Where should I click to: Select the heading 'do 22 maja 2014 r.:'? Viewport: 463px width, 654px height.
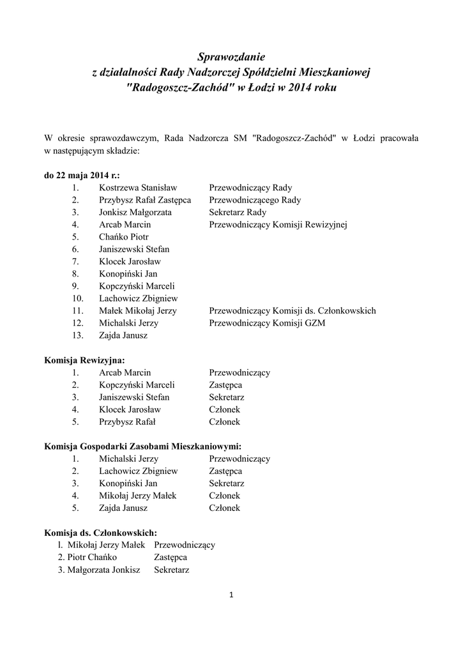coord(82,175)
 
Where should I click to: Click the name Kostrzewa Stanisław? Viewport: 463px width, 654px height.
coord(138,188)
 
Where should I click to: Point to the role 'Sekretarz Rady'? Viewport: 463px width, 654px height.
coord(238,212)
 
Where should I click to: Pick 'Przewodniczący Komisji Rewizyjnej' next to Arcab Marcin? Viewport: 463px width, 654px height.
coord(278,225)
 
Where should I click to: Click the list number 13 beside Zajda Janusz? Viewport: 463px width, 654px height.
coord(78,335)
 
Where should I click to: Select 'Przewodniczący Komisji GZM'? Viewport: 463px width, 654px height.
coord(267,323)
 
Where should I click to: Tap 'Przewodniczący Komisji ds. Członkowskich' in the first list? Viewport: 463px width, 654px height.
coord(292,311)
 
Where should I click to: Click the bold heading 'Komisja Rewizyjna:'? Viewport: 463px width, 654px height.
coord(89,360)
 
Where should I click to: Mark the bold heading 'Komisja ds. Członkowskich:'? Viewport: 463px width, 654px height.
coord(100,533)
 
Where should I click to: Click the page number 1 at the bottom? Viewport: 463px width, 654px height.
coord(231,596)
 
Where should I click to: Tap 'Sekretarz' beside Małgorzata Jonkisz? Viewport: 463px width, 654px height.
coord(171,570)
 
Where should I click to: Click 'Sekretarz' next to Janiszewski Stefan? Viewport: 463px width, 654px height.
coord(227,397)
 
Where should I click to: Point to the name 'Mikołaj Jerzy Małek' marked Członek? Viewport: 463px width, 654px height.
coord(137,496)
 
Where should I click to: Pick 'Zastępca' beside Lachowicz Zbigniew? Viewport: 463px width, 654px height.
coord(225,471)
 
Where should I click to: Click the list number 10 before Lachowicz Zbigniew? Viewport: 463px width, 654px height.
coord(78,298)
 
